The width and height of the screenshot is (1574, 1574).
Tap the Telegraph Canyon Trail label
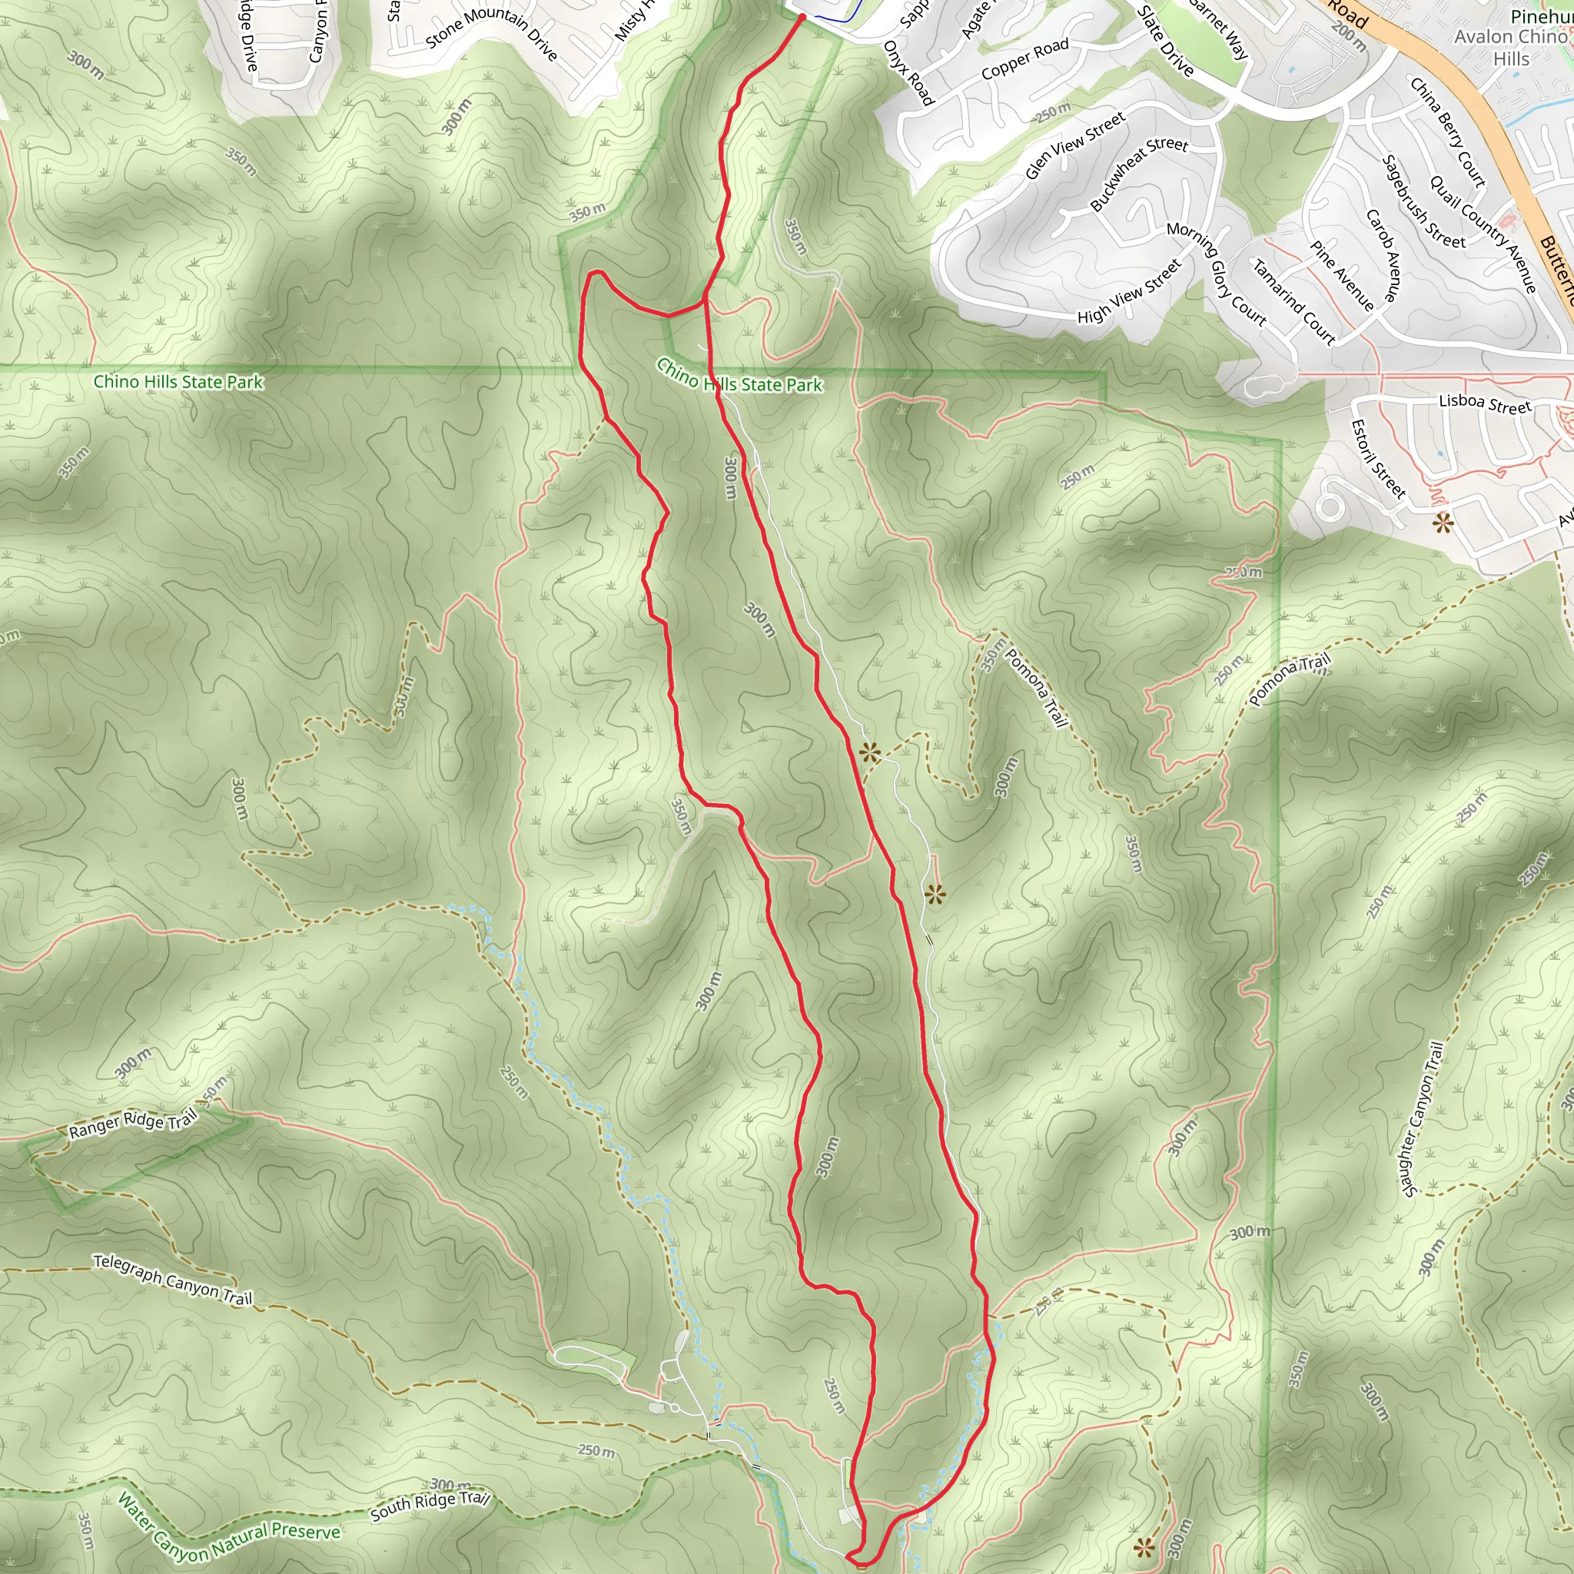pos(173,1279)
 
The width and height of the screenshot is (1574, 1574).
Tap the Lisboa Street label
pos(1484,403)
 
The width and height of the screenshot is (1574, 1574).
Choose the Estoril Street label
pos(1379,458)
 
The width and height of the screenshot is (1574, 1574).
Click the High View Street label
pos(1129,291)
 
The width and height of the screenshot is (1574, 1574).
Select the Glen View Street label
pos(1074,145)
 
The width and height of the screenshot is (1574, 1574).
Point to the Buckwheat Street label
pos(1139,173)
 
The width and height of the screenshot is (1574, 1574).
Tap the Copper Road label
pos(1025,59)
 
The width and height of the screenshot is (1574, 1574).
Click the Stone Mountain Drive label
pos(491,32)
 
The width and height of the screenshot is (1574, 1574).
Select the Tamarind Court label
pos(1293,301)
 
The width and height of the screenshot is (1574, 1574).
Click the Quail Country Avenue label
pos(1483,234)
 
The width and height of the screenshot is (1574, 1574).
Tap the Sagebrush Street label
pos(1423,202)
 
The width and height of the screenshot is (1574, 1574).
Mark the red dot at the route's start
pos(802,17)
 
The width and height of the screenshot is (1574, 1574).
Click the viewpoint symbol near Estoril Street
pos(1443,523)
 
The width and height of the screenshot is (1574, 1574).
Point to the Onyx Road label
pos(908,73)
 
